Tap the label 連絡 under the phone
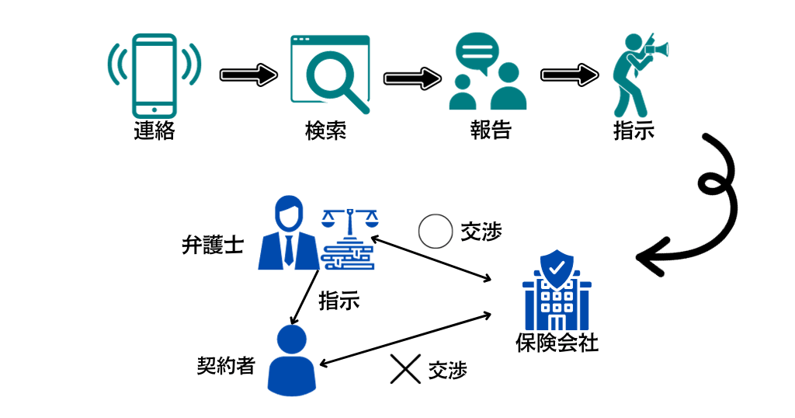pyautogui.click(x=154, y=131)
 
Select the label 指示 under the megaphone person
pyautogui.click(x=634, y=131)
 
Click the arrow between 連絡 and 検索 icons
pyautogui.click(x=248, y=75)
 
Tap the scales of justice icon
pyautogui.click(x=348, y=238)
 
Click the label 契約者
pyautogui.click(x=226, y=365)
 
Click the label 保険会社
pyautogui.click(x=557, y=343)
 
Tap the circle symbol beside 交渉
pyautogui.click(x=435, y=231)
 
